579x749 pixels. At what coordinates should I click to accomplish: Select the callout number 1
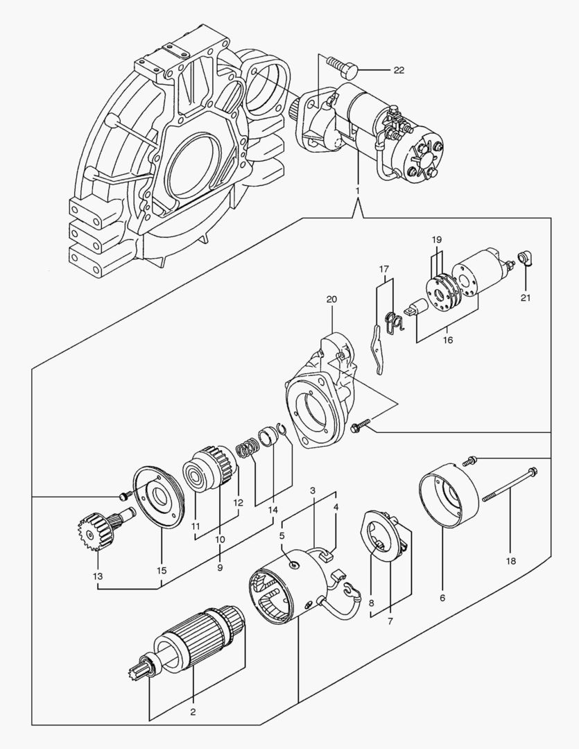coord(357,189)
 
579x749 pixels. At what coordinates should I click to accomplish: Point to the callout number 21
coord(525,298)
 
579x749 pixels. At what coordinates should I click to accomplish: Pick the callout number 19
coord(436,239)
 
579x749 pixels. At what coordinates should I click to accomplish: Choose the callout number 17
coord(386,269)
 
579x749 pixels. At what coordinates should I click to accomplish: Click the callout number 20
coord(331,300)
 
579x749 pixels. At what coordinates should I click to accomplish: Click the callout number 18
coord(511,560)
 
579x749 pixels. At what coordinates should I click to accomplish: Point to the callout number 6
coord(442,597)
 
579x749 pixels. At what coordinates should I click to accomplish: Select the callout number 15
coord(161,570)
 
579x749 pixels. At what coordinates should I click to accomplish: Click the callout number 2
coord(193,711)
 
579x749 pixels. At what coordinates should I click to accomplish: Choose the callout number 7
coord(390,621)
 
